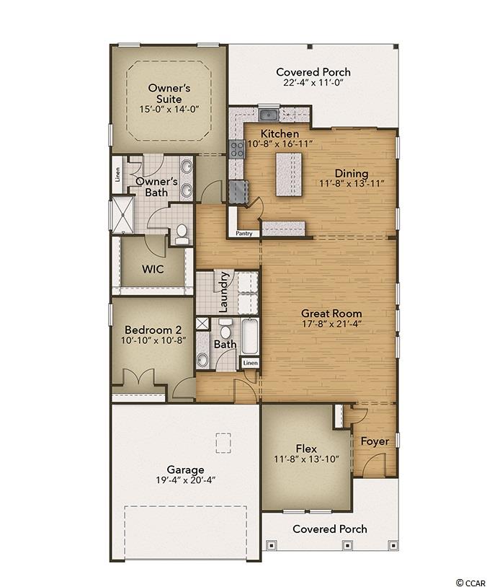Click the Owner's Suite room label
point(169,94)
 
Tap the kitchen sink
point(268,115)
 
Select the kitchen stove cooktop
point(236,149)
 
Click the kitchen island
point(289,174)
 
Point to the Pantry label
point(244,234)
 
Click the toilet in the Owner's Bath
point(182,234)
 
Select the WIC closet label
point(153,269)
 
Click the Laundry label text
point(223,292)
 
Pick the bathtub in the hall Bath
point(249,336)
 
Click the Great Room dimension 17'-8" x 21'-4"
point(331,324)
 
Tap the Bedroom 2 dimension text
point(153,340)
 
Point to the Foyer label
point(375,442)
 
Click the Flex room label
point(306,449)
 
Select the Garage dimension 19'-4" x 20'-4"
point(186,480)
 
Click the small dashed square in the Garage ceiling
point(223,443)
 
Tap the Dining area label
point(352,174)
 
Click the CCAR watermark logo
point(470,583)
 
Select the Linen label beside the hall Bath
point(250,363)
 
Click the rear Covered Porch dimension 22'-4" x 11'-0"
point(313,83)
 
